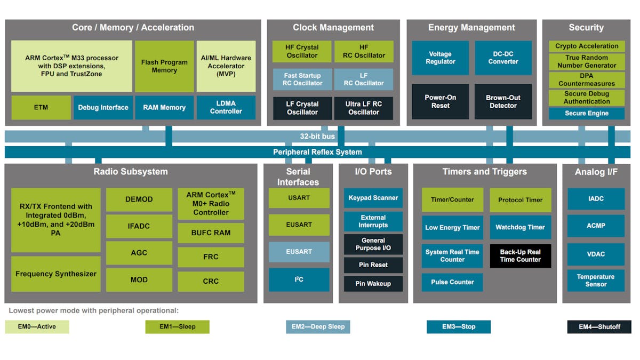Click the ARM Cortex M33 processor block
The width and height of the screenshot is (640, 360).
pos(71,66)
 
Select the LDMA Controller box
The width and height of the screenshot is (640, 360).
pos(226,107)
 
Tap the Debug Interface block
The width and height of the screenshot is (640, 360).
pos(103,107)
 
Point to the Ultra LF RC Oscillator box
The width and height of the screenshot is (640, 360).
pos(364,108)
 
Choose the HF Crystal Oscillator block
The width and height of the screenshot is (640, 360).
pos(302,51)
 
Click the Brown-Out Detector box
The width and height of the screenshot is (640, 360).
pos(503,101)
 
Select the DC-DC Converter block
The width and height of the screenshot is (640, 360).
pos(503,58)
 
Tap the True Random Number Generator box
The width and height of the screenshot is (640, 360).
pos(587,61)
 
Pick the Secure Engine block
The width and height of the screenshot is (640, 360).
pos(587,113)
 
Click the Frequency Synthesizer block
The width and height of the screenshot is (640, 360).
pos(56,274)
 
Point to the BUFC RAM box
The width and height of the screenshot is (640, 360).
pos(211,233)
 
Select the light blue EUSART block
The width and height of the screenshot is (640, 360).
pos(299,252)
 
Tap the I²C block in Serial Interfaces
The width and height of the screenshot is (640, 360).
pos(299,279)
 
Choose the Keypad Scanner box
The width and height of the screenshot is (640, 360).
pos(373,198)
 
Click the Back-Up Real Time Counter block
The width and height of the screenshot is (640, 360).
pos(520,255)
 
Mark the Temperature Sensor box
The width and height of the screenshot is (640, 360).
pos(596,280)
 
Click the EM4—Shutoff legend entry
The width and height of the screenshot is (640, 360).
pos(599,326)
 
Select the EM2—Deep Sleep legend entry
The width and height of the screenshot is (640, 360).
pos(318,326)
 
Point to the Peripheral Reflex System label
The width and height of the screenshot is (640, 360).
pos(317,152)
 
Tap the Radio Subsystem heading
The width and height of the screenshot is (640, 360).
pos(131,172)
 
